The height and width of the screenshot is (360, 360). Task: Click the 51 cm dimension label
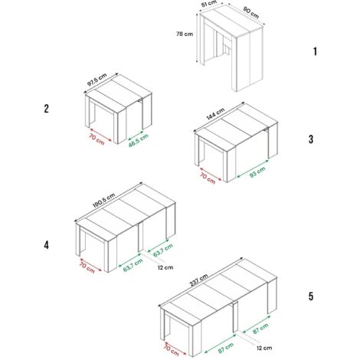(208, 5)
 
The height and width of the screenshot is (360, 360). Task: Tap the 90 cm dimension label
(251, 13)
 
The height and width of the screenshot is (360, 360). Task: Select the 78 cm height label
(185, 34)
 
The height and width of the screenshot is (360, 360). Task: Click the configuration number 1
(315, 51)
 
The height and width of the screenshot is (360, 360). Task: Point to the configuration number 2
(46, 109)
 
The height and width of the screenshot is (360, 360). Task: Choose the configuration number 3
(311, 139)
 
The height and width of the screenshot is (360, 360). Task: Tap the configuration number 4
(46, 245)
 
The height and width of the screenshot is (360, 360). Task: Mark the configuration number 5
(311, 296)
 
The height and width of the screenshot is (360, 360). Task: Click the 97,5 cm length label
(97, 80)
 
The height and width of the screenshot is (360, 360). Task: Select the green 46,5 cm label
(139, 140)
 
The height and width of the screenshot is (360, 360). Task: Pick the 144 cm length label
(216, 113)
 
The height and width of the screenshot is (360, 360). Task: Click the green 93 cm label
(257, 172)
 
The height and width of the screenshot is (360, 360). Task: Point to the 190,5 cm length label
(104, 201)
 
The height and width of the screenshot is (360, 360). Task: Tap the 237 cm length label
(198, 280)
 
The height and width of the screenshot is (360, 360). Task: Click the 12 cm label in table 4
(165, 267)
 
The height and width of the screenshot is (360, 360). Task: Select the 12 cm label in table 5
(264, 348)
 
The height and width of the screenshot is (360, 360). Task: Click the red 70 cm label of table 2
(97, 139)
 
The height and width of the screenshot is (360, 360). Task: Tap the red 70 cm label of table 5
(172, 350)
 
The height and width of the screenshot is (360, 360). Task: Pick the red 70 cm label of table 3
(208, 178)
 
